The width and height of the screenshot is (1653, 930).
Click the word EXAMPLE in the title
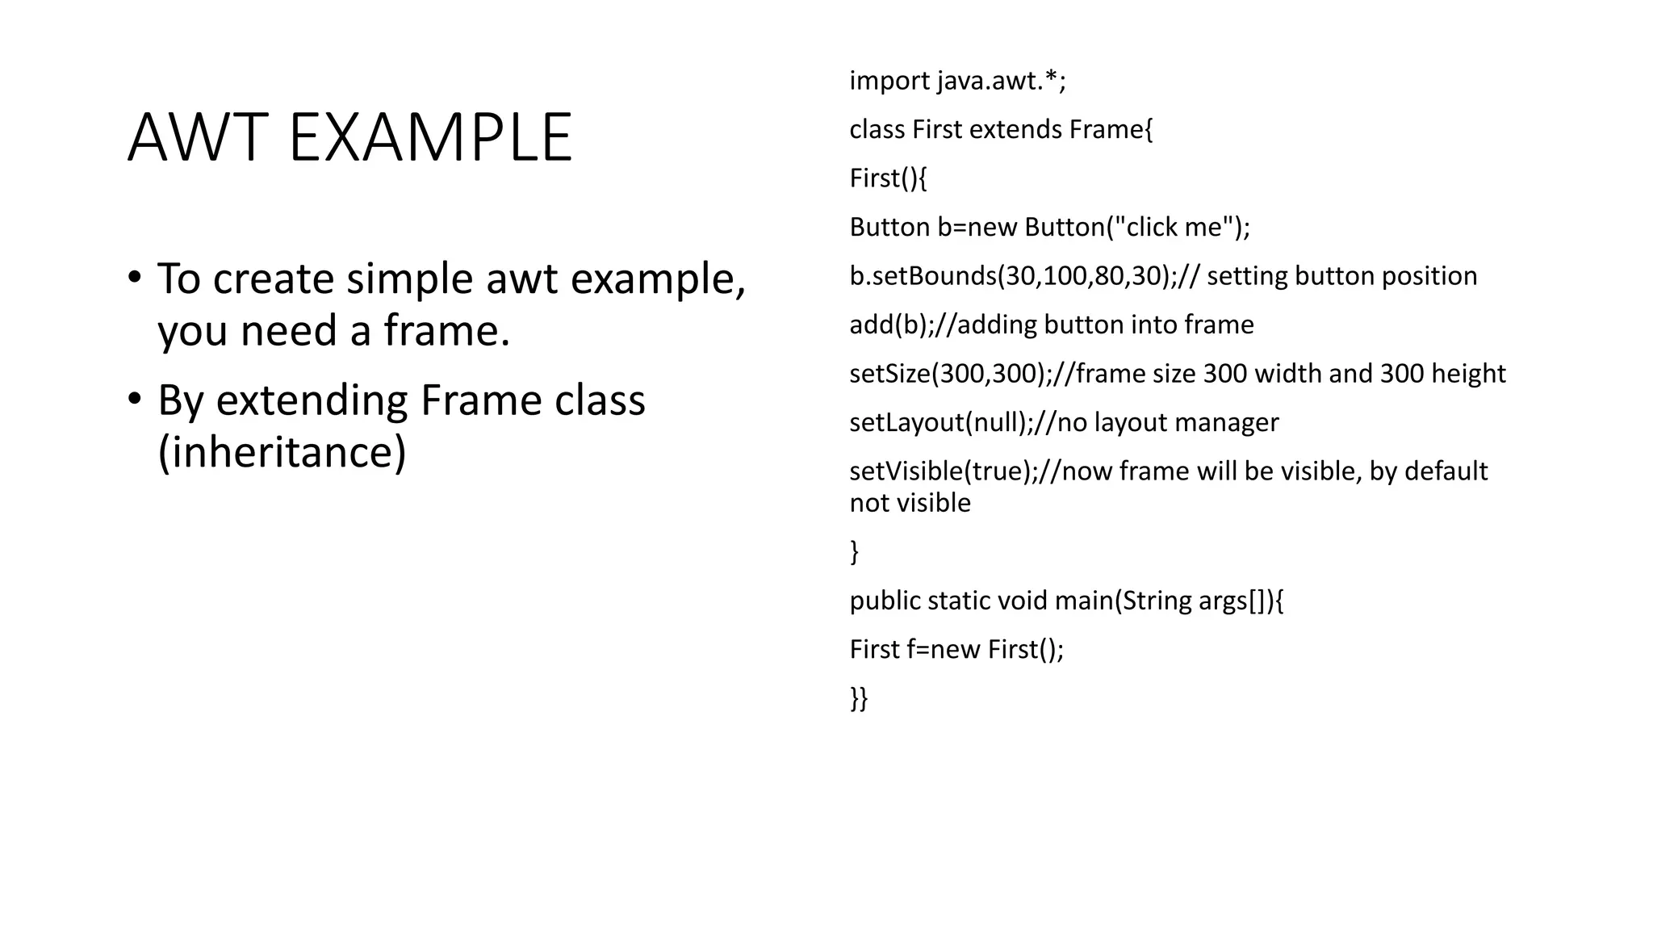pyautogui.click(x=430, y=137)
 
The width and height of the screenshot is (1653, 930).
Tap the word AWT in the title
pyautogui.click(x=198, y=137)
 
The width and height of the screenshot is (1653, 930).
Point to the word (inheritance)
pyautogui.click(x=282, y=451)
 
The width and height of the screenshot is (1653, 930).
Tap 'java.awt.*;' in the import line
pyautogui.click(x=1002, y=81)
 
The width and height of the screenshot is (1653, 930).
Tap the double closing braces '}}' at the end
pyautogui.click(x=859, y=698)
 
